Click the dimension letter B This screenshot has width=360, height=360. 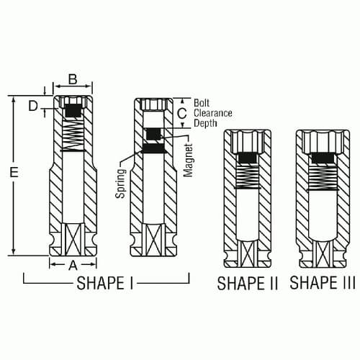point(72,79)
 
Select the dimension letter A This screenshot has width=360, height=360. point(72,264)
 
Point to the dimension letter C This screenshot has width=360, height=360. point(181,113)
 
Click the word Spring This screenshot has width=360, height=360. point(121,184)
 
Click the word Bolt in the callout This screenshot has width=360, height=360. point(203,102)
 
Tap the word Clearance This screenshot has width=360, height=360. point(213,113)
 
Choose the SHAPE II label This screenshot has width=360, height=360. point(248,283)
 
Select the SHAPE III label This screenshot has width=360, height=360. point(323,283)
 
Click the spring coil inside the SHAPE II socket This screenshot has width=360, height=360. point(248,177)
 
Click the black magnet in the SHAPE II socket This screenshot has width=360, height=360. point(248,160)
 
